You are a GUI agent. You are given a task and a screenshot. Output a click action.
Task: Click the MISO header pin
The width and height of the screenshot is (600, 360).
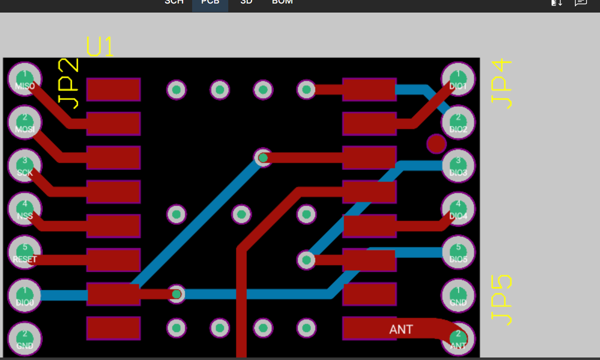coord(25,79)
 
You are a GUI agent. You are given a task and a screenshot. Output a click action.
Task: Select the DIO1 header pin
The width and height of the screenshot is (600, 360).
coord(458,79)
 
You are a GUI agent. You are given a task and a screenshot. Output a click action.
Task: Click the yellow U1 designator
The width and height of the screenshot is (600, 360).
coord(100,47)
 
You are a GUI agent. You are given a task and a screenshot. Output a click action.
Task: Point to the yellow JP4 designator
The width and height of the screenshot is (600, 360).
coord(501,84)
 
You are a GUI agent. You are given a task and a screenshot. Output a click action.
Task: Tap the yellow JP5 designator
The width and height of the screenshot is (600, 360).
coord(501,300)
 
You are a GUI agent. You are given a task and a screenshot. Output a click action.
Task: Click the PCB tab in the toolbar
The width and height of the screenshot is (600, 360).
coord(210,2)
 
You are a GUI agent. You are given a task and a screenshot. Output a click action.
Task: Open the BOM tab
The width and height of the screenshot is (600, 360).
coord(282,2)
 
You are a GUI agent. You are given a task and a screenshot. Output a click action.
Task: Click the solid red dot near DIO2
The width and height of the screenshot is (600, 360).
coord(436,144)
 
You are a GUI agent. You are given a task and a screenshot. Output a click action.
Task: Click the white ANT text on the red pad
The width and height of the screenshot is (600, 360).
coord(401,329)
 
